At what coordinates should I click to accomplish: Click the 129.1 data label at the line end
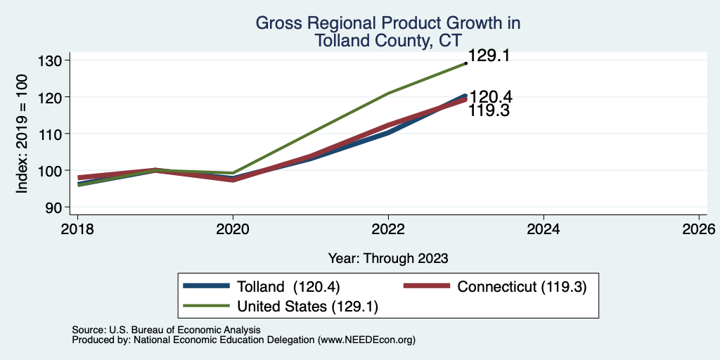489,56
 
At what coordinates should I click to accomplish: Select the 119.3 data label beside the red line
489,110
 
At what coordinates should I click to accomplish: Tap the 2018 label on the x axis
77,229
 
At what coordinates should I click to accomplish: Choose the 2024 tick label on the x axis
544,229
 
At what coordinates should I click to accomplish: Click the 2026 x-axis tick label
699,229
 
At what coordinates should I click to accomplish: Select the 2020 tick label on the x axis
233,229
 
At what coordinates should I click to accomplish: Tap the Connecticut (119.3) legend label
522,287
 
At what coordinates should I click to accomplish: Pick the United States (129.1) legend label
308,307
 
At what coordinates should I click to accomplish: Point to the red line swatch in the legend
427,286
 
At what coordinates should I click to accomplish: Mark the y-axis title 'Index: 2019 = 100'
22,134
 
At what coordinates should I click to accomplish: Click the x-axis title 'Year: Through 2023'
388,259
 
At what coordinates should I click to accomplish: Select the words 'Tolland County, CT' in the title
387,41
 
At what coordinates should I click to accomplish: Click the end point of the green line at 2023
466,63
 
